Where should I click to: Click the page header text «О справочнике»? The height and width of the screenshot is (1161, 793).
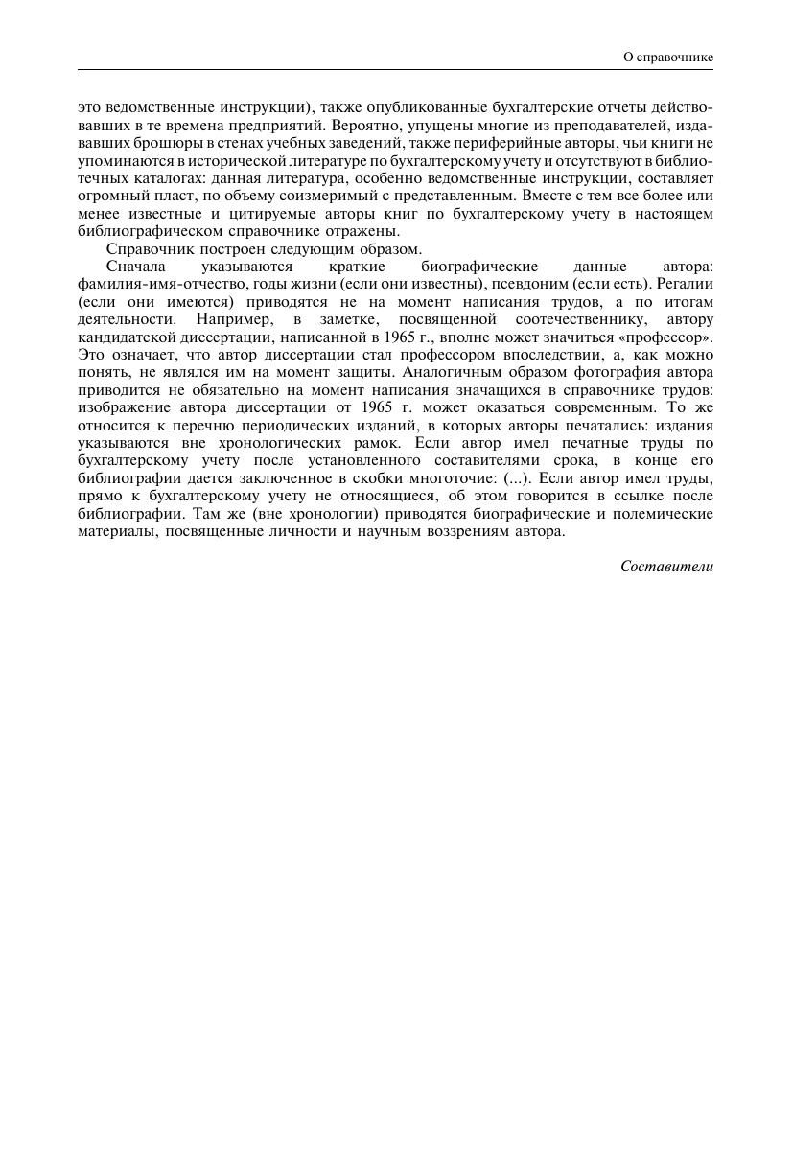tap(667, 58)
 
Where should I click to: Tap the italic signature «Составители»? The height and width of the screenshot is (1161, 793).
tap(666, 566)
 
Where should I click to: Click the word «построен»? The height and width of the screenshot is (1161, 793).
tap(214, 249)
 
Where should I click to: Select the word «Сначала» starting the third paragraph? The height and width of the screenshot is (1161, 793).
tap(136, 267)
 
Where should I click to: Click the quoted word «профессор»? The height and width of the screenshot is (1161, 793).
tap(675, 337)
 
